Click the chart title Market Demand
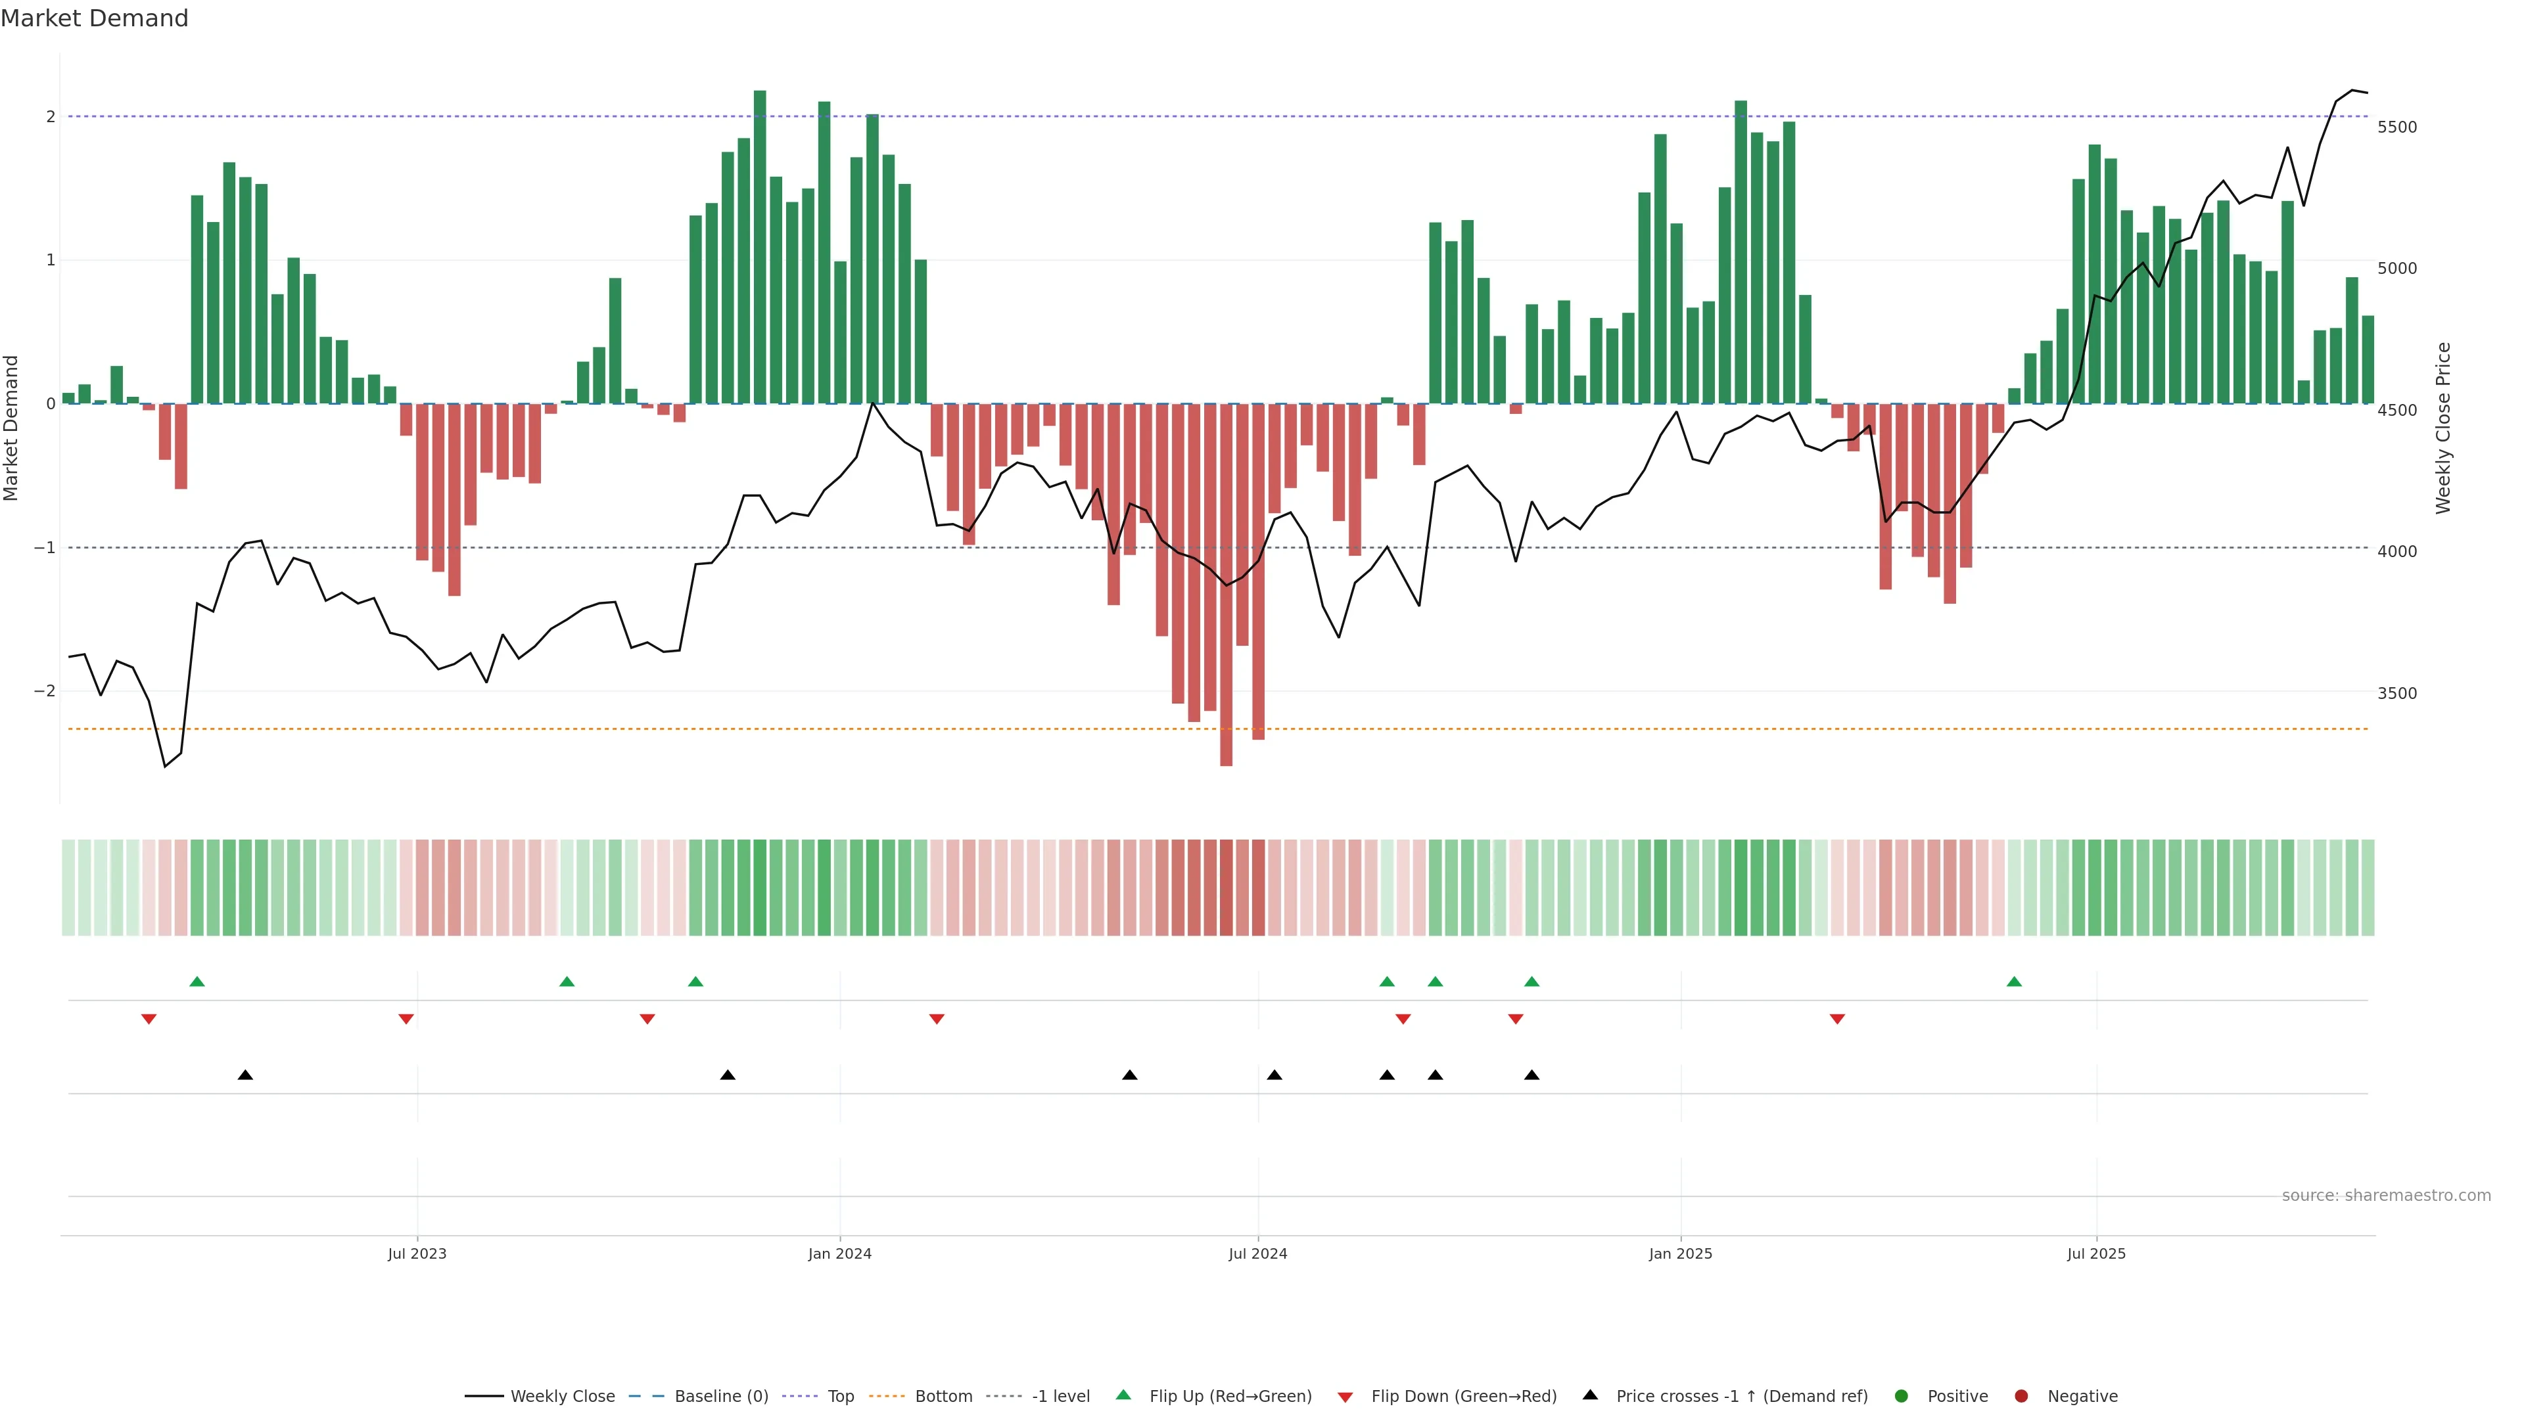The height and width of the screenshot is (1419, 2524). click(94, 18)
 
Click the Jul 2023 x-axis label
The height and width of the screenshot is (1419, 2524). click(417, 1253)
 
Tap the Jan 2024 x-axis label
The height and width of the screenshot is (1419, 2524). click(840, 1253)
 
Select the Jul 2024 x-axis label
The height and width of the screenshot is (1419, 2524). click(1257, 1253)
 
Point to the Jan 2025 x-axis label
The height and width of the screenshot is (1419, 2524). click(1681, 1253)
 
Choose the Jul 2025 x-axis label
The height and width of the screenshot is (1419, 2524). click(2096, 1253)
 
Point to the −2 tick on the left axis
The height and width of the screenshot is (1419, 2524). click(44, 691)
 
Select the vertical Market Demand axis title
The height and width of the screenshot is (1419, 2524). click(12, 428)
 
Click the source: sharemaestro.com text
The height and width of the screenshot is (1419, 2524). click(2386, 1196)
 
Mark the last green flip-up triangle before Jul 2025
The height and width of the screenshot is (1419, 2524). click(2013, 981)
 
